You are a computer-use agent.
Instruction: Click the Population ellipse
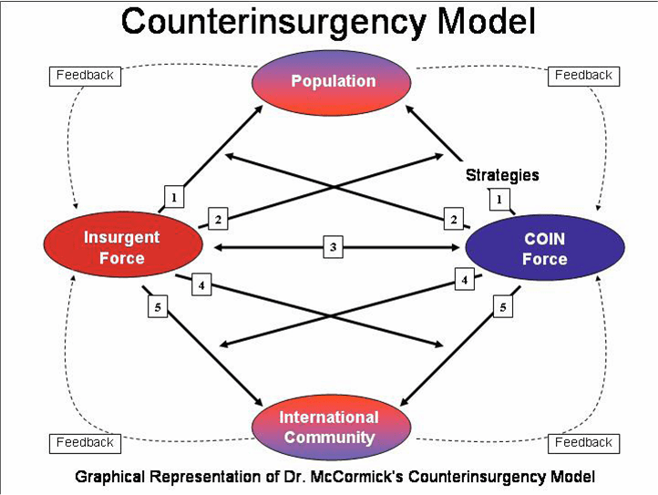coord(333,82)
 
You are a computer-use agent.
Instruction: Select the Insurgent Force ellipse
coord(122,247)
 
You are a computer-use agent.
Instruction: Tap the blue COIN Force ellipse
coord(545,248)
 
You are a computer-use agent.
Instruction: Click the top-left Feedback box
coord(85,76)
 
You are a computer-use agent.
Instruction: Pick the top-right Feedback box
coord(583,76)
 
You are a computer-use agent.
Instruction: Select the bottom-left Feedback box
coord(85,443)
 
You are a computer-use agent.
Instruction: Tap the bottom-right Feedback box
coord(583,443)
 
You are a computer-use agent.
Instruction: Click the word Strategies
coord(502,175)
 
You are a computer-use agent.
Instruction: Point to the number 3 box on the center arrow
coord(334,247)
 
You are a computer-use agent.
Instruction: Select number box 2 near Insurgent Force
coord(218,219)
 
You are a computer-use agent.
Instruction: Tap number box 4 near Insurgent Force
coord(202,286)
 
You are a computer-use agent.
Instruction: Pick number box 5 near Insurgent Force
coord(158,307)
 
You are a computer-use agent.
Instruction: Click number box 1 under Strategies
coord(499,197)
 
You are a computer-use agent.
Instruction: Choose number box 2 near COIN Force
coord(453,219)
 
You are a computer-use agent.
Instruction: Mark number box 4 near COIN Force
coord(465,281)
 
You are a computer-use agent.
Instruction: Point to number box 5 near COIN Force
coord(501,307)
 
